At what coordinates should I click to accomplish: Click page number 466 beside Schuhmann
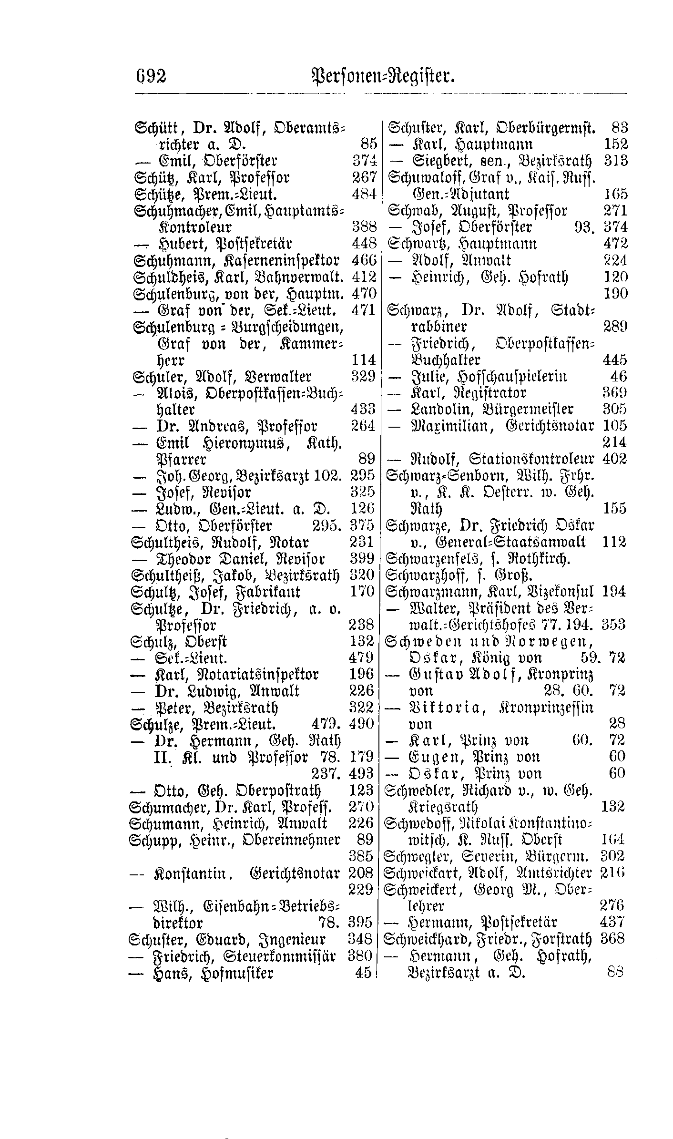364,260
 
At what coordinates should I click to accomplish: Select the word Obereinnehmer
291,840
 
